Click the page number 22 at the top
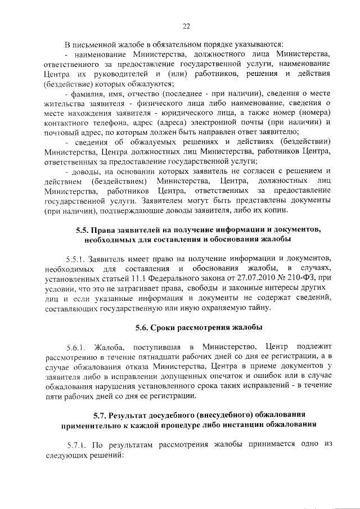[x=186, y=26]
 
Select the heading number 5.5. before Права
[x=84, y=245]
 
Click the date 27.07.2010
[x=258, y=293]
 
